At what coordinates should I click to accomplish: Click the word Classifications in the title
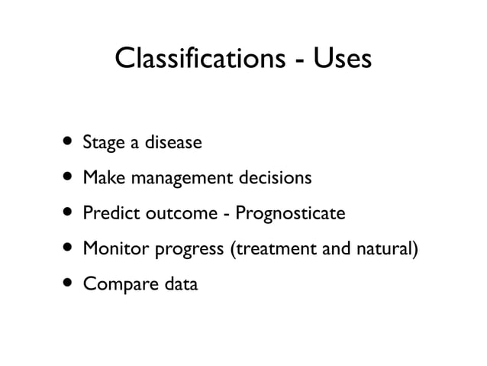click(196, 59)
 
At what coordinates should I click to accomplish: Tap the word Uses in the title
click(338, 59)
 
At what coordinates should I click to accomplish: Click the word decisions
click(273, 178)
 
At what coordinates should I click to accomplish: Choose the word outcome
click(182, 214)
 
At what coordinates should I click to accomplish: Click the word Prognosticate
click(291, 214)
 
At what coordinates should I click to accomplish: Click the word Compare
click(114, 285)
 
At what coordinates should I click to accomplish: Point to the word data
click(177, 284)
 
